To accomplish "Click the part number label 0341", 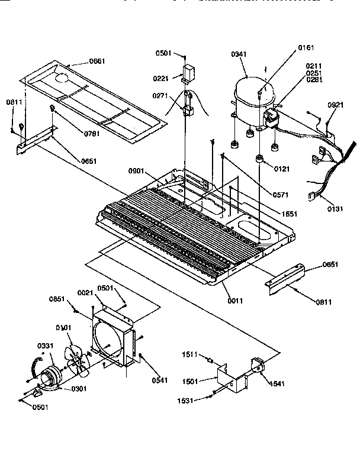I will (x=238, y=54).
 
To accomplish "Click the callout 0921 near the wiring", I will (x=335, y=105).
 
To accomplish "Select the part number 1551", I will (x=289, y=214).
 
